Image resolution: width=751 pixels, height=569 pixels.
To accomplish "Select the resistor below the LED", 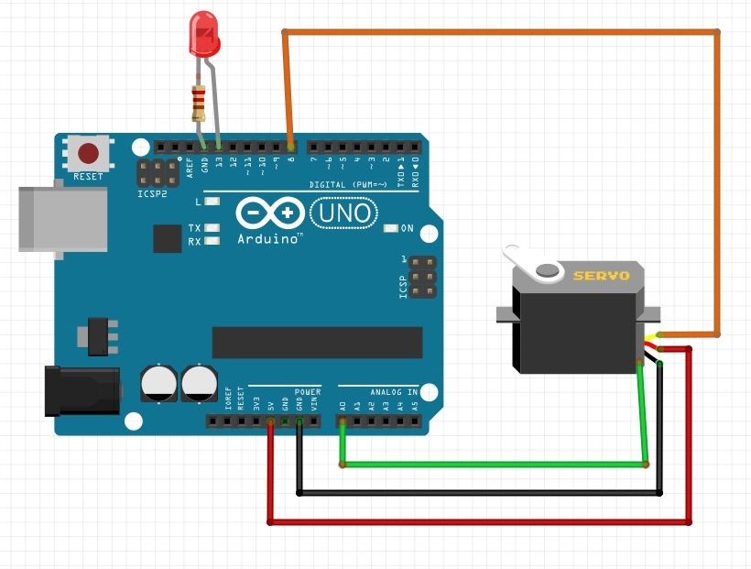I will coord(197,103).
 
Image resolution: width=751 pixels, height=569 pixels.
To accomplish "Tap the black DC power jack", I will coord(82,389).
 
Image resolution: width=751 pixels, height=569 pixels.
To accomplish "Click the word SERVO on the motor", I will coord(602,275).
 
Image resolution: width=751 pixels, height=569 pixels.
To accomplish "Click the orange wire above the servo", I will coord(499,33).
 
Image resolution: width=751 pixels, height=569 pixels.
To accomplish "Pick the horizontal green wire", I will coord(495,465).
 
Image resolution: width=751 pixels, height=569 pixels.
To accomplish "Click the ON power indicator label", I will coord(407,228).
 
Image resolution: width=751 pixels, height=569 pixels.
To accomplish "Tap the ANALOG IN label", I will coord(394,392).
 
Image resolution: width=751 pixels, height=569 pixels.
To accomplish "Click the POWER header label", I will coord(308,391).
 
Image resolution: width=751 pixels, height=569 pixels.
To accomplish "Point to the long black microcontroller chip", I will coord(317,342).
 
